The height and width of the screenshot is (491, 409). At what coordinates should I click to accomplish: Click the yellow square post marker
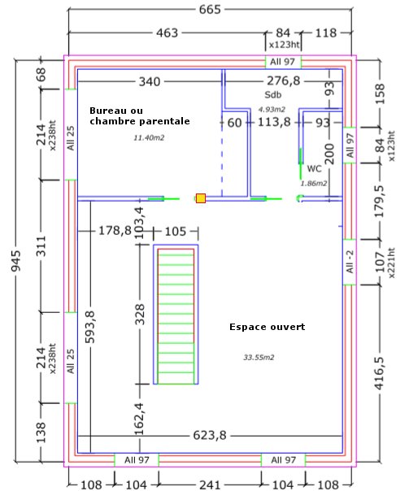point(200,198)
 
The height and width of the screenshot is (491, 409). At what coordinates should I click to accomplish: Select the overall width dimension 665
point(210,10)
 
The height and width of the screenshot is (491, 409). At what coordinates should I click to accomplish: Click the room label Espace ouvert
point(268,327)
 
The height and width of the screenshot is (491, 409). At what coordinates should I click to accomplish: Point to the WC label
point(314,169)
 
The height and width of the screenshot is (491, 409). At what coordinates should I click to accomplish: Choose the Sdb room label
point(272,94)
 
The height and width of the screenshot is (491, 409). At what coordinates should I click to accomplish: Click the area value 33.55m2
point(259,358)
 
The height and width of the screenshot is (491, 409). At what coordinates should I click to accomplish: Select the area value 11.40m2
point(149,137)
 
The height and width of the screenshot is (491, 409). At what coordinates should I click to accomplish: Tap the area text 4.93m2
point(272,109)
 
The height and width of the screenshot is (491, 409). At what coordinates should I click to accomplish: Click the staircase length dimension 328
point(140,314)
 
